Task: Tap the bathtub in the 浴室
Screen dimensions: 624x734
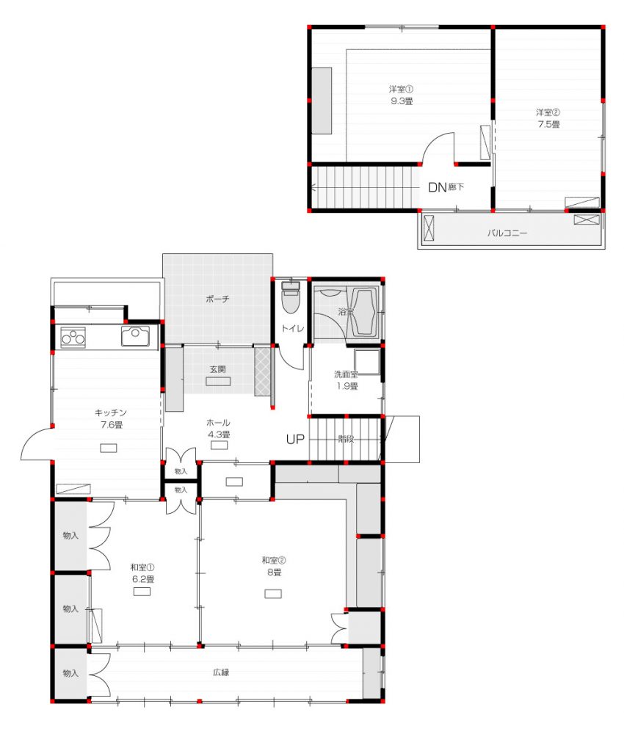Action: click(x=364, y=313)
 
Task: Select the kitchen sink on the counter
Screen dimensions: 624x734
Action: click(x=135, y=336)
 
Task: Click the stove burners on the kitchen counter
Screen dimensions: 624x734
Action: click(x=73, y=337)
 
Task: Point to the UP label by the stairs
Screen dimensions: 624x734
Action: click(x=295, y=439)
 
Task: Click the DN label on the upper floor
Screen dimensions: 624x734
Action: click(x=438, y=188)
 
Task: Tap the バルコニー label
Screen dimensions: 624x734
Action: click(x=507, y=233)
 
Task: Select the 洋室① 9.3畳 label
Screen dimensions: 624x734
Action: click(x=401, y=95)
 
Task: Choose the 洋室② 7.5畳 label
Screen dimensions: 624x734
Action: click(x=548, y=118)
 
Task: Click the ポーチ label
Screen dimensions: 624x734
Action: click(x=218, y=299)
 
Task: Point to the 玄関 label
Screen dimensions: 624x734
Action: click(x=218, y=369)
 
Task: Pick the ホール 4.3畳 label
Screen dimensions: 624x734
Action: click(x=218, y=429)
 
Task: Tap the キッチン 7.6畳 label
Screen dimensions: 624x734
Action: click(x=111, y=418)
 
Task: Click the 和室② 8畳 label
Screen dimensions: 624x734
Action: click(x=274, y=566)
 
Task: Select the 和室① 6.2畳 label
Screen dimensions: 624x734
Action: click(x=142, y=573)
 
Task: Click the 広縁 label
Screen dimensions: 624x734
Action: click(x=221, y=672)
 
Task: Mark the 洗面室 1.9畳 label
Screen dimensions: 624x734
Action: click(x=347, y=380)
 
